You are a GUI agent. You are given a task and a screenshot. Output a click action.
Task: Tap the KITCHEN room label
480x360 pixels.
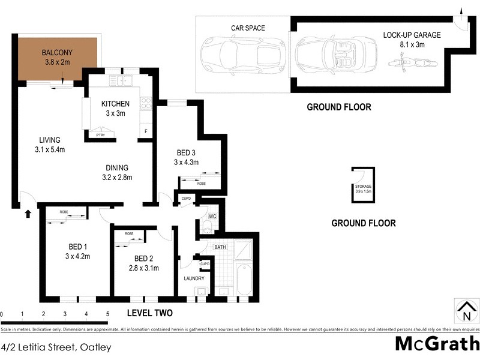coord(115,104)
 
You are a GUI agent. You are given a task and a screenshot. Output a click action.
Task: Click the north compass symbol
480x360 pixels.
coord(466,310)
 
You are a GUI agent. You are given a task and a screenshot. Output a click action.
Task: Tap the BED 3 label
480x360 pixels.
coord(186,152)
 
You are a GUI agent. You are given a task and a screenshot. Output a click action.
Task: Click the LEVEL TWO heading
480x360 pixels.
coord(150,313)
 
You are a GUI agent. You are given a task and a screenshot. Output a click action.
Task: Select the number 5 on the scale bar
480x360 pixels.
coord(107,314)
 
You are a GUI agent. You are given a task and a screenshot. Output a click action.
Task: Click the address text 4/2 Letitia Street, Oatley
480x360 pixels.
coord(56,347)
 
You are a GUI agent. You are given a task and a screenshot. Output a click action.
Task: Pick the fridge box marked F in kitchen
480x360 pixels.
coord(145,132)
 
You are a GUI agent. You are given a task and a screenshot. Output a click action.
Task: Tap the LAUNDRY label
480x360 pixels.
coord(194,278)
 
